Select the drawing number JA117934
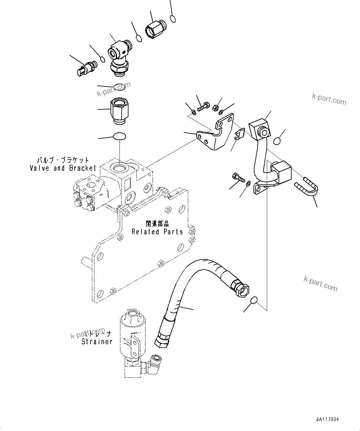327,420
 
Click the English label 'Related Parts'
157,232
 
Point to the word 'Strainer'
97,342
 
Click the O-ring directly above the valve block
119,136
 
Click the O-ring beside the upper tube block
277,141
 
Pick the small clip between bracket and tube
240,135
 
